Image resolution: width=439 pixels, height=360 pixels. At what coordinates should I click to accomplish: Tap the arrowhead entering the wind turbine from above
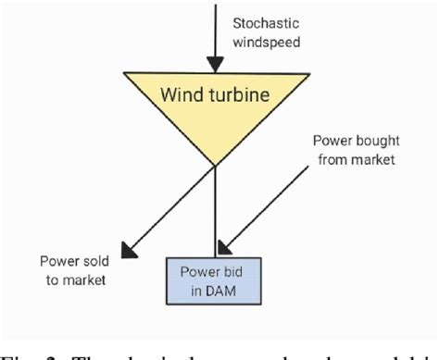pyautogui.click(x=215, y=64)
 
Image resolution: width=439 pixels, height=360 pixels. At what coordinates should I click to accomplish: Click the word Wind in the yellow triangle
pyautogui.click(x=183, y=94)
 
